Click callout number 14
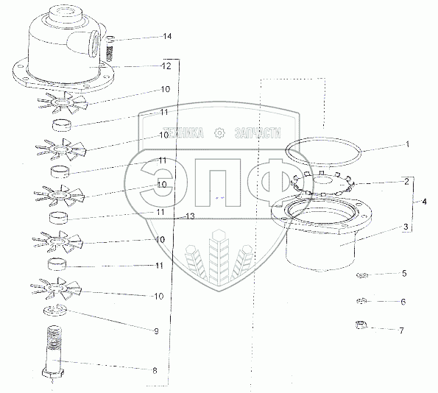(x=167, y=36)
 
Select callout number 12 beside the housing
(x=166, y=66)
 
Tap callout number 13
(x=190, y=216)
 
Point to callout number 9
(x=156, y=331)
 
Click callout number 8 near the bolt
(x=155, y=371)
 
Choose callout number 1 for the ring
(x=408, y=144)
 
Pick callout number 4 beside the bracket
(x=424, y=202)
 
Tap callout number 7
(x=401, y=330)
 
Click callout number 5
(x=404, y=273)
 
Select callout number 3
(x=406, y=226)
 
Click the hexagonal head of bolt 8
(x=53, y=373)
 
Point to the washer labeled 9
(x=55, y=310)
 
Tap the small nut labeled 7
(x=361, y=325)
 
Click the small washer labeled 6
(x=362, y=301)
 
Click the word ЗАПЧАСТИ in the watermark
(x=258, y=133)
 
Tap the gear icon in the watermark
(x=219, y=133)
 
